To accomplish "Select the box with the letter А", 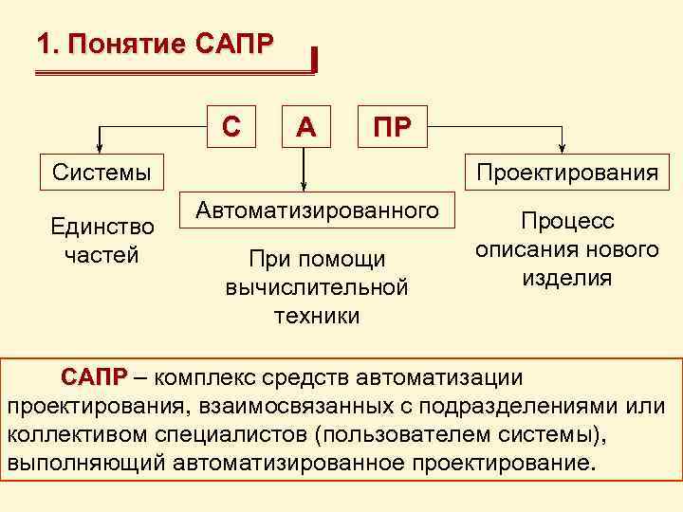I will (x=305, y=126).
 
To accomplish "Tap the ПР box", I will (x=392, y=126).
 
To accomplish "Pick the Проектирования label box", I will (x=567, y=172).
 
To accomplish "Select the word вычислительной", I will (x=317, y=287).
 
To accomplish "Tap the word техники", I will (x=317, y=315).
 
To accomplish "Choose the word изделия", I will (x=567, y=278).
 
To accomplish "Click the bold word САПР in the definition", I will (x=93, y=376).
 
